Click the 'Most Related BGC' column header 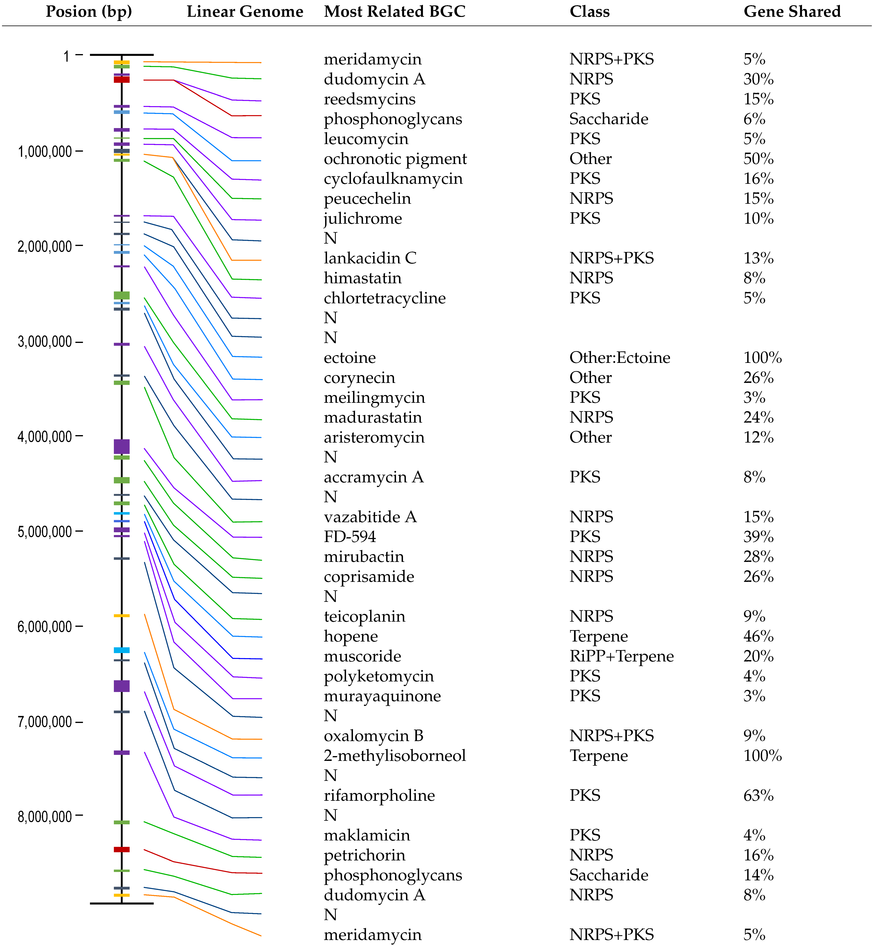point(394,11)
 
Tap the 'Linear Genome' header point(245,11)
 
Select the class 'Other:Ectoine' point(620,358)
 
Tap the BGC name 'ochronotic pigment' point(395,159)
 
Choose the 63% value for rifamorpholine point(758,796)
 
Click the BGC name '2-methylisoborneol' point(394,756)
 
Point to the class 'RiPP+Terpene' point(621,656)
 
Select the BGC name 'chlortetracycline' point(384,298)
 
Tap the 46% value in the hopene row point(758,637)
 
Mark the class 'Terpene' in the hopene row point(598,637)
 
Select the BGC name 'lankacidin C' point(370,258)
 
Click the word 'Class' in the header point(589,11)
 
